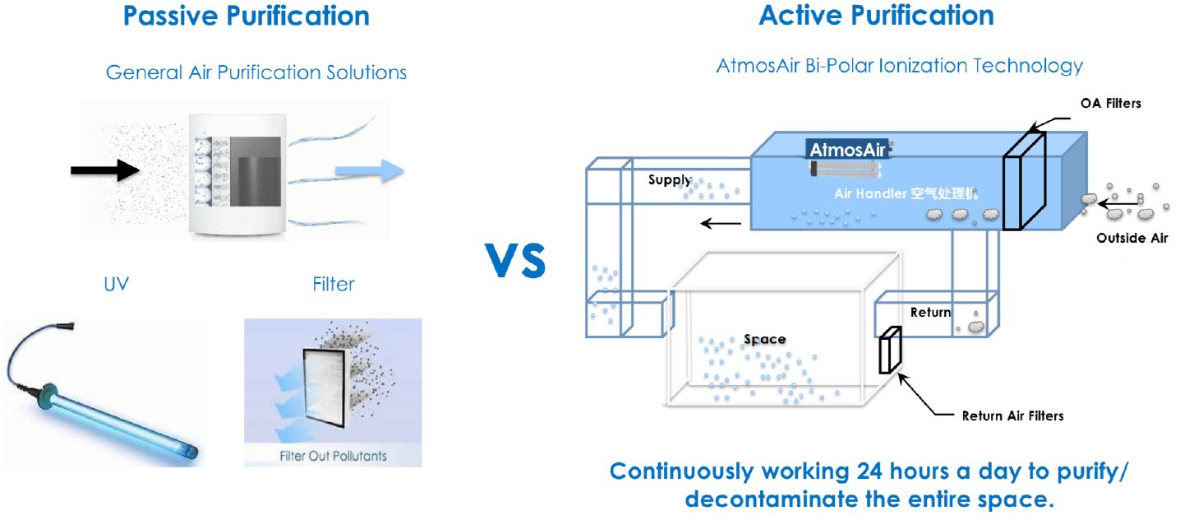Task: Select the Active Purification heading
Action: (876, 16)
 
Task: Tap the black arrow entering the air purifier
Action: (104, 170)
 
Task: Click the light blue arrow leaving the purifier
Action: (370, 172)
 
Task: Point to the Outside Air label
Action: (1131, 239)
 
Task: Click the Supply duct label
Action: (670, 180)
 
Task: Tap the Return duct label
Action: (931, 313)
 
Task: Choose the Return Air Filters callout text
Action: (1012, 416)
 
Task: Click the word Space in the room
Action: (764, 339)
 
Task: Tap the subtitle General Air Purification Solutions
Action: (256, 73)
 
